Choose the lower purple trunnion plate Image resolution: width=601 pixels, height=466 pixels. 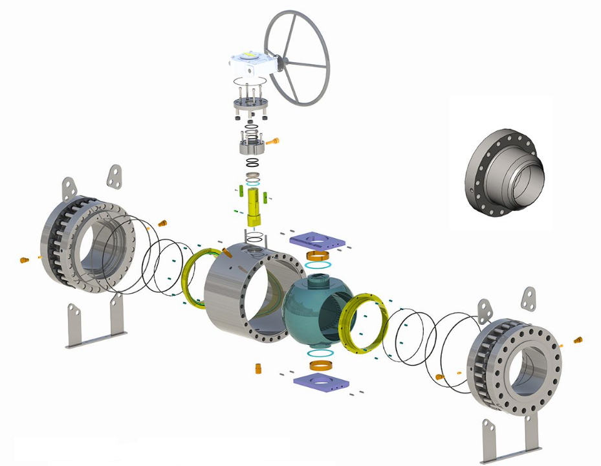click(321, 381)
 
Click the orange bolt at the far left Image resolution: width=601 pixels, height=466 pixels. click(25, 260)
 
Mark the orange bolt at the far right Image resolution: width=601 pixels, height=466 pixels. click(578, 338)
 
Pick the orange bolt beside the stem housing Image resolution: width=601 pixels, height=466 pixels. click(274, 140)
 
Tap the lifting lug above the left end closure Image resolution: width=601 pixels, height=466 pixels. click(115, 177)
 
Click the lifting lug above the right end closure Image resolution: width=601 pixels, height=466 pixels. click(530, 297)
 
